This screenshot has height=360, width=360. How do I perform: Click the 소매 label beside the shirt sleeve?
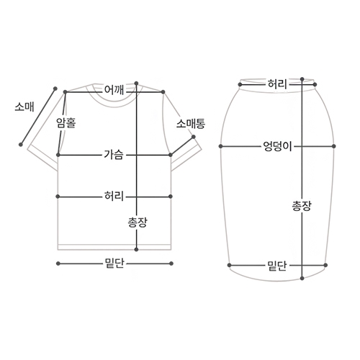(24, 107)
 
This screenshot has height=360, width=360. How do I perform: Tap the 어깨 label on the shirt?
(114, 90)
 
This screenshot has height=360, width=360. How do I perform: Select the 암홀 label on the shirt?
(66, 122)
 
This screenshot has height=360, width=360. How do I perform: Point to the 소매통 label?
(191, 124)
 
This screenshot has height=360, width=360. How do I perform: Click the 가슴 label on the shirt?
(114, 155)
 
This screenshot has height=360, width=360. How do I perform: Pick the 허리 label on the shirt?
(114, 196)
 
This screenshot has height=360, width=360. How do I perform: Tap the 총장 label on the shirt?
(137, 222)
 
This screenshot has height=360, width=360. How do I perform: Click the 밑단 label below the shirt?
(114, 264)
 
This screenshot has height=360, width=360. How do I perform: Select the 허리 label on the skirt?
(277, 84)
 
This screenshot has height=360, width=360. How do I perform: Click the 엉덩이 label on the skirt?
(277, 146)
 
